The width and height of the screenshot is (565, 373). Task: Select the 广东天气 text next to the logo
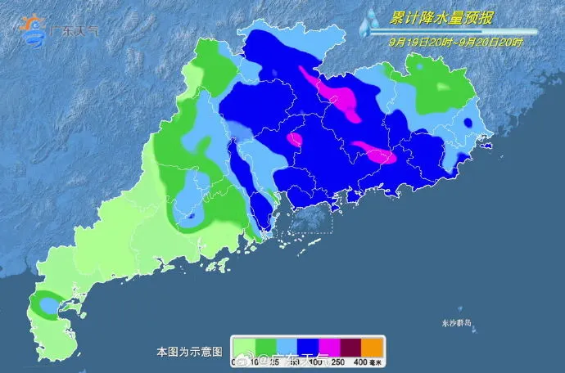tap(74, 30)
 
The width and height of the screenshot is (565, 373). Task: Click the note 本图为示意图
tap(189, 352)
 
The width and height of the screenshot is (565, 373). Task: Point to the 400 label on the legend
tap(359, 361)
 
